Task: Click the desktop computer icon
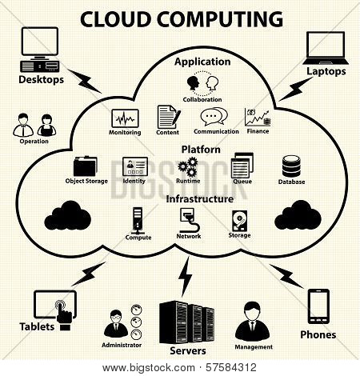(x=40, y=50)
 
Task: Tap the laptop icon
(x=326, y=48)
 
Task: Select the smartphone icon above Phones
(x=318, y=306)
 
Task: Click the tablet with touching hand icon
(x=55, y=310)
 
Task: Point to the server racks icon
(x=186, y=322)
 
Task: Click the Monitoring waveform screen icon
(x=125, y=118)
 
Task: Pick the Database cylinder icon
(x=291, y=166)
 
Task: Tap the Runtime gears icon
(x=188, y=167)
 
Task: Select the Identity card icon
(x=135, y=166)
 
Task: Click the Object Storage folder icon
(x=85, y=166)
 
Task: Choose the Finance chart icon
(x=258, y=117)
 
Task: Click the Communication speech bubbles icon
(x=214, y=117)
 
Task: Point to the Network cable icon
(x=189, y=220)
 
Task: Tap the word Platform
(x=201, y=150)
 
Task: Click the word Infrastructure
(x=200, y=199)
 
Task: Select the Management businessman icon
(x=252, y=322)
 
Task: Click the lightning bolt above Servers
(x=185, y=277)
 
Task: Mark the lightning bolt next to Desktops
(x=84, y=81)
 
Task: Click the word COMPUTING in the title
(x=220, y=19)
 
